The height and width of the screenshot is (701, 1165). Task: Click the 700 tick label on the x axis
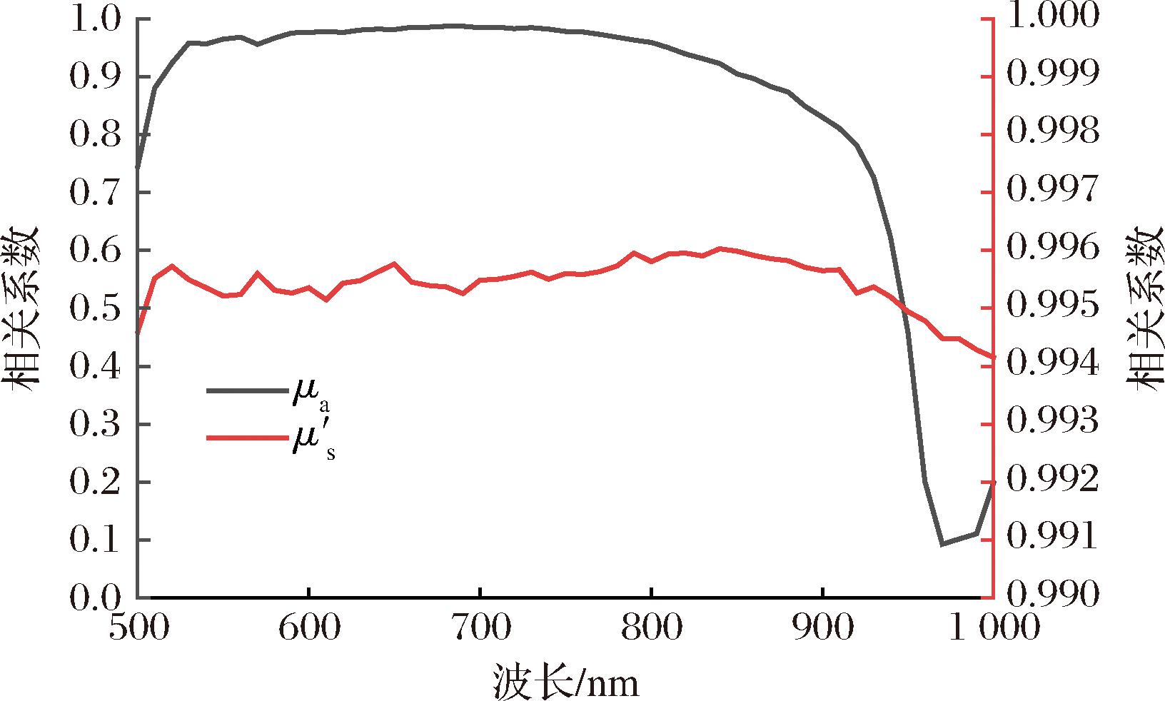480,629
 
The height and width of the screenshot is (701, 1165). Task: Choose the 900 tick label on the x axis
823,629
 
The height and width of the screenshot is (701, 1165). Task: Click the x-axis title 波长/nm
565,682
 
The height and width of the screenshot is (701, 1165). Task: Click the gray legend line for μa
246,390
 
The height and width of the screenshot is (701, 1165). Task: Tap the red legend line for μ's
246,437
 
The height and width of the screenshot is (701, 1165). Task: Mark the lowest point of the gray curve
943,544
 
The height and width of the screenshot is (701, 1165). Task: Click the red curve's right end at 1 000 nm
993,357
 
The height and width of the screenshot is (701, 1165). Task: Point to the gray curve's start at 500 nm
137,167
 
